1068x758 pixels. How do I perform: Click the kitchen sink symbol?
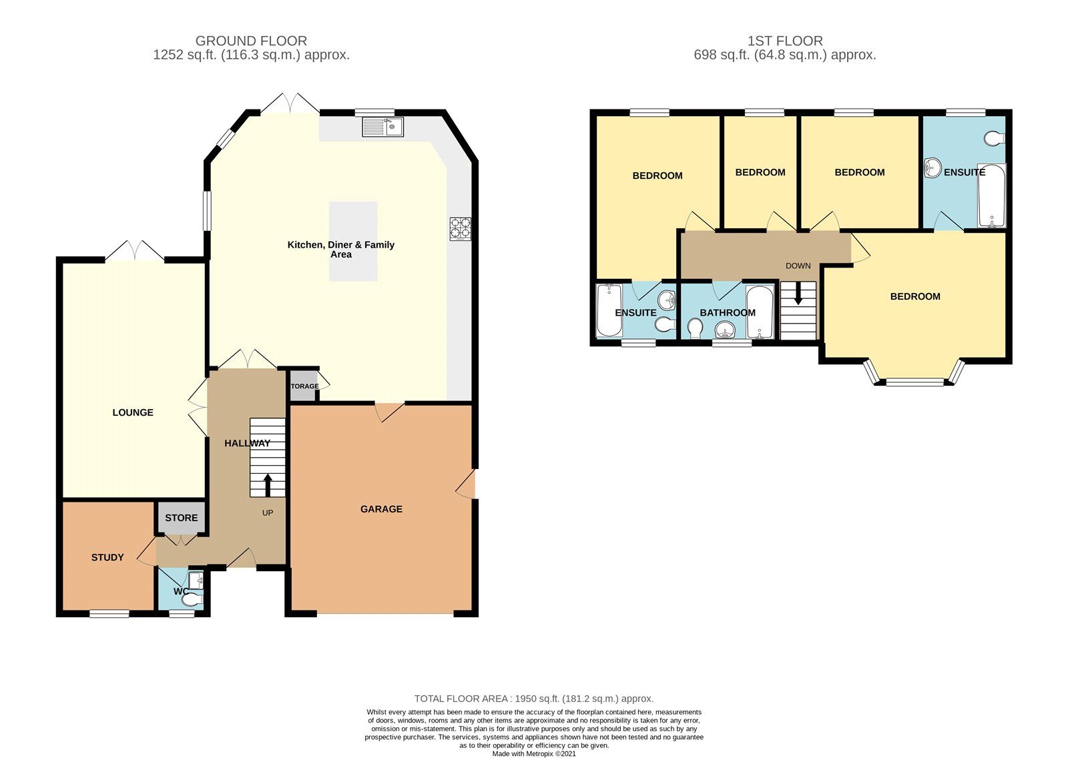382,126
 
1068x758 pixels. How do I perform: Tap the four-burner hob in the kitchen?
460,229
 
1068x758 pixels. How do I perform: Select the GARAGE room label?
381,509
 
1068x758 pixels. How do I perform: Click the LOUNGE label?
133,412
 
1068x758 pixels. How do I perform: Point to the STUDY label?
107,557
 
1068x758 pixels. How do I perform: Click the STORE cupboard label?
181,518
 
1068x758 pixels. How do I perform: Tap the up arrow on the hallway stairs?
268,485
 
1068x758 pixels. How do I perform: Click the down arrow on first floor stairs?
798,294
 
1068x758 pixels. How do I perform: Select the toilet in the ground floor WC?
192,601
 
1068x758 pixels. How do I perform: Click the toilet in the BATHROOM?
695,328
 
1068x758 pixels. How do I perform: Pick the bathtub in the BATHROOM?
760,312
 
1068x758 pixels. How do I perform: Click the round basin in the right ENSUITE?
932,167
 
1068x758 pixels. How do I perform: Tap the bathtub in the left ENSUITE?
608,310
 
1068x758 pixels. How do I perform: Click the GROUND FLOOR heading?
251,41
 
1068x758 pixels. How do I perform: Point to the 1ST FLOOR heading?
784,41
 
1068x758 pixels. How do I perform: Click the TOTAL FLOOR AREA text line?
533,699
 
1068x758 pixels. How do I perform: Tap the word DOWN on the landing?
798,266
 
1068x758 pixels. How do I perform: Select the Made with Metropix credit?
533,754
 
